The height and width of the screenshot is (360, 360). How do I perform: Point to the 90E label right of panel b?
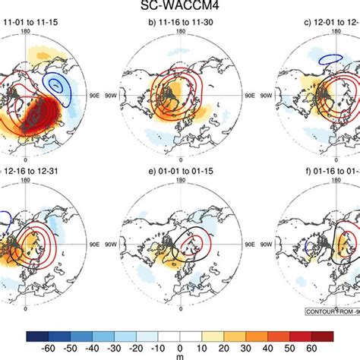[x=247, y=96]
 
